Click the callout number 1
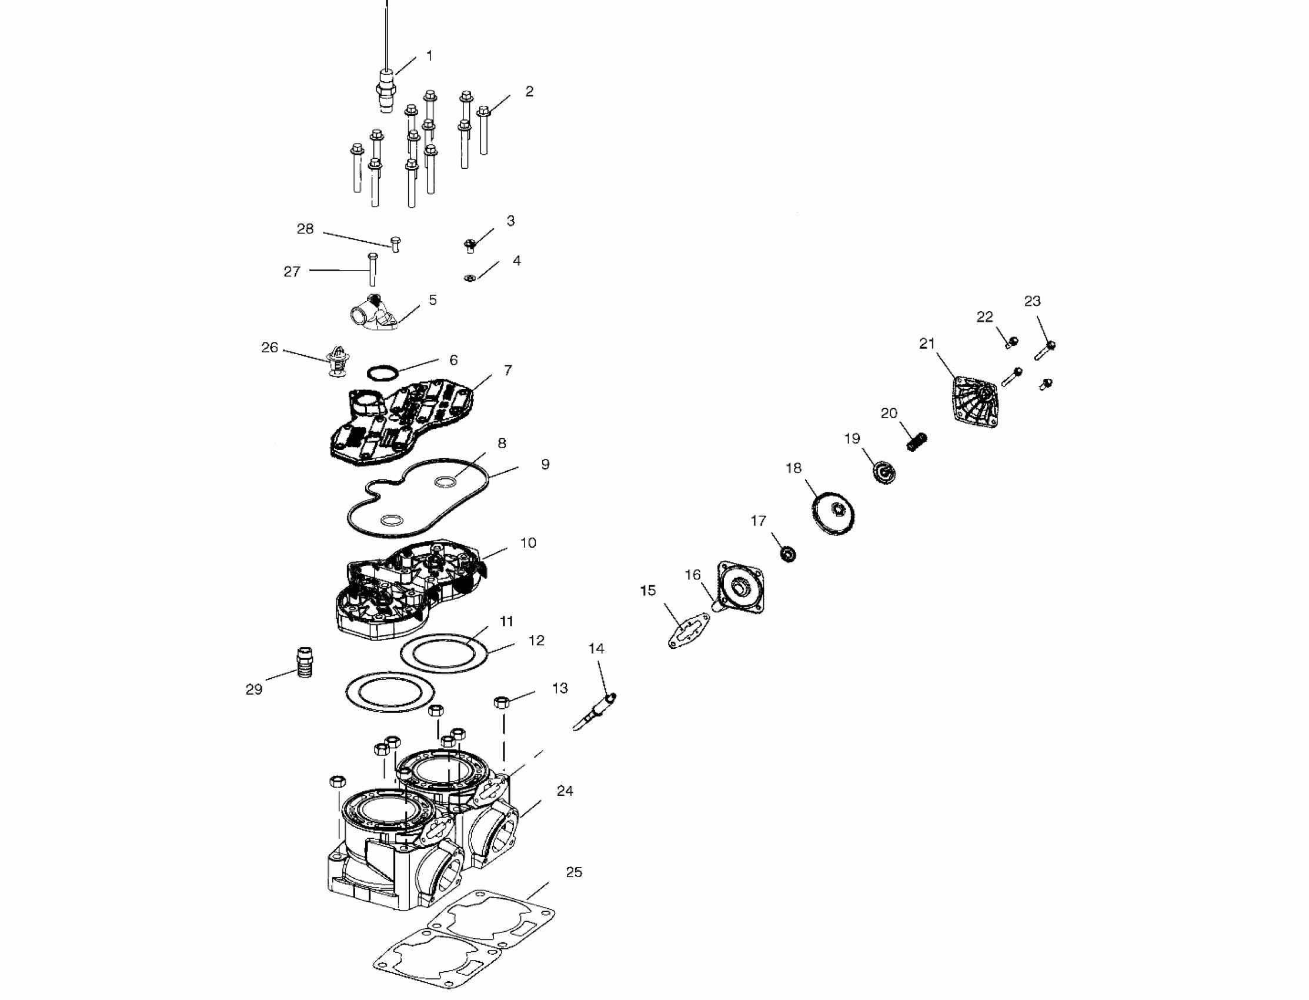429,56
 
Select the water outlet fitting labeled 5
373,312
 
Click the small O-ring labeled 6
382,373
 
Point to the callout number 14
596,648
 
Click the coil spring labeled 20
917,442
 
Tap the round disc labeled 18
834,513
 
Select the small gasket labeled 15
689,632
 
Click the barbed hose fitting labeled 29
305,662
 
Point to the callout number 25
573,872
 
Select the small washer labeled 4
469,278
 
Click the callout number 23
1033,301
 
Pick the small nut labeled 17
789,554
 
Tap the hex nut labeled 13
502,702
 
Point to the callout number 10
527,543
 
